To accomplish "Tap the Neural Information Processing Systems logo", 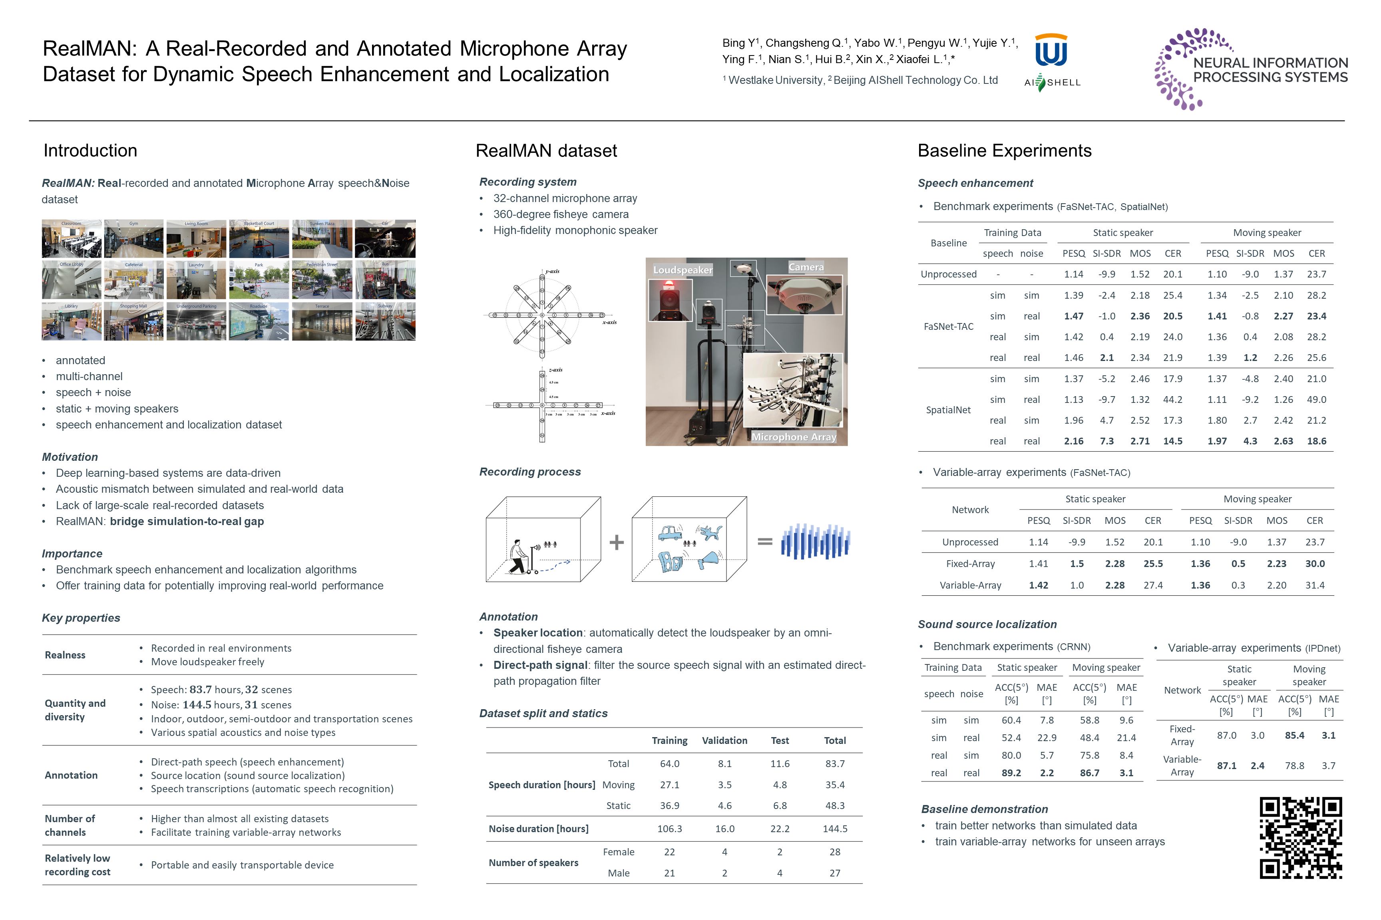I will [x=1251, y=69].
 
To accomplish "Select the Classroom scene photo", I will [x=72, y=239].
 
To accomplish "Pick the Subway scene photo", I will [x=385, y=321].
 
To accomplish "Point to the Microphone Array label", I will [x=794, y=437].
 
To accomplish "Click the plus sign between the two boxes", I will [x=617, y=542].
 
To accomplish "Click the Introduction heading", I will [x=90, y=151].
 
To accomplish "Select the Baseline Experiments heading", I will [x=1004, y=151].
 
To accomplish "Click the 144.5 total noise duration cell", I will [x=834, y=829].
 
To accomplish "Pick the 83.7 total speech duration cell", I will [x=834, y=764].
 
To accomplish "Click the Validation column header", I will [x=724, y=740].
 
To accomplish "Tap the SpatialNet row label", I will [x=948, y=410].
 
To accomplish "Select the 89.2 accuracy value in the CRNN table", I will [x=1011, y=773].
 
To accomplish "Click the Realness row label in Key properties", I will [x=65, y=655].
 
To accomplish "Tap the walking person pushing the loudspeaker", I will [x=517, y=557].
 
